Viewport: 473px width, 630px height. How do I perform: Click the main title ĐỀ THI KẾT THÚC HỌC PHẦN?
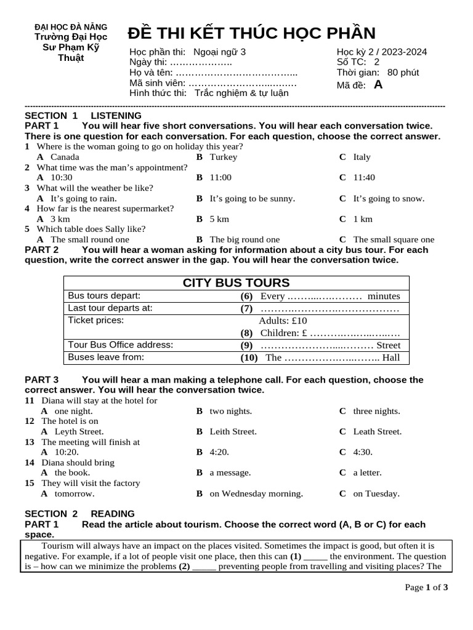pyautogui.click(x=251, y=33)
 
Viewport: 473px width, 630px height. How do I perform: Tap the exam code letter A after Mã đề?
pyautogui.click(x=378, y=85)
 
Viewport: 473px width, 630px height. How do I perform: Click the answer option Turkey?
pyautogui.click(x=223, y=157)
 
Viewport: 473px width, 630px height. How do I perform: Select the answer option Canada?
pyautogui.click(x=65, y=157)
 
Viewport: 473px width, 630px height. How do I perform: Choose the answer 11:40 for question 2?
pyautogui.click(x=364, y=177)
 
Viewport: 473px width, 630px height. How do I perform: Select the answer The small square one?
pyautogui.click(x=394, y=239)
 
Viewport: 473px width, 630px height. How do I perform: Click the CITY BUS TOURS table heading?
pyautogui.click(x=236, y=283)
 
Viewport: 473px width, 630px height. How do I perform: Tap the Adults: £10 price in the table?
pyautogui.click(x=283, y=321)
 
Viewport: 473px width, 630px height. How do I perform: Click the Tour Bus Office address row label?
pyautogui.click(x=121, y=345)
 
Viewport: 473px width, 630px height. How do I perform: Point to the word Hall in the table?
pyautogui.click(x=391, y=357)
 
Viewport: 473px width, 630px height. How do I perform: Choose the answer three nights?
pyautogui.click(x=376, y=411)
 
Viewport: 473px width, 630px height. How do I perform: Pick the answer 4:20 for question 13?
pyautogui.click(x=219, y=452)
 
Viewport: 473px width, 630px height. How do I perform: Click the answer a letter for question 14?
pyautogui.click(x=367, y=472)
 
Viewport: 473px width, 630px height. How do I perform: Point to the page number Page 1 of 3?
pyautogui.click(x=426, y=587)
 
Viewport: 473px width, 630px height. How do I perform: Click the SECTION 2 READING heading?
pyautogui.click(x=79, y=514)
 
